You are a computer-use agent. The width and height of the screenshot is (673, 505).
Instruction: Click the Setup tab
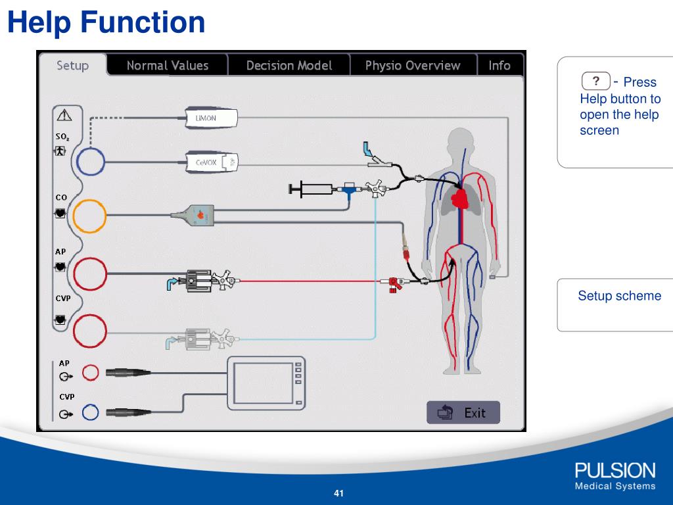click(72, 66)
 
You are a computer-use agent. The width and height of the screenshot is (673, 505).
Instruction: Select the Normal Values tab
click(167, 66)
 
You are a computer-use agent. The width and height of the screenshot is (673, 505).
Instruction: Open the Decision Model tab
click(289, 66)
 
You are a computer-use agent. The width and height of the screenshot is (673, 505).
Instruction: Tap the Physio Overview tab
click(412, 66)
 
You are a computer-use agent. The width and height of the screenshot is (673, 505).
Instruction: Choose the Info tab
click(499, 66)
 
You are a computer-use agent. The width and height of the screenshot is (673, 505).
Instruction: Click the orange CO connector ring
click(89, 215)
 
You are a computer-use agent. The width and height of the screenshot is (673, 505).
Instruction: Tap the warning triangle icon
click(64, 116)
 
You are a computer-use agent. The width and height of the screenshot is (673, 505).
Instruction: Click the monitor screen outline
click(267, 383)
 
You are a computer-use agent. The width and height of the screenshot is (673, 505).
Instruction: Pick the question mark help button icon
click(596, 81)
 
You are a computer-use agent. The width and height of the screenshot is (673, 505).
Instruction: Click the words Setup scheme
click(619, 296)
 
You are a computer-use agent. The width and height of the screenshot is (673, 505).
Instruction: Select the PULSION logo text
click(615, 471)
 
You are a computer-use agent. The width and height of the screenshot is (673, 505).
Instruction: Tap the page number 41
click(339, 494)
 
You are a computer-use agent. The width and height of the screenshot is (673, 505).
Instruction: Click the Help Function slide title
click(106, 22)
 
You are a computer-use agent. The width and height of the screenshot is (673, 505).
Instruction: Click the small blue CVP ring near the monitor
click(90, 413)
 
